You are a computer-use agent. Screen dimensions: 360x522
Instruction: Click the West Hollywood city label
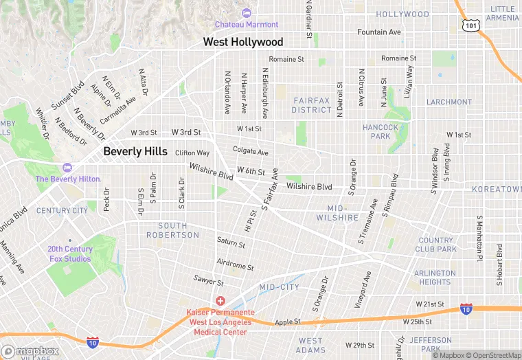point(242,43)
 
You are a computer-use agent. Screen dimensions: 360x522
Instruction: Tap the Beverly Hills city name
point(135,152)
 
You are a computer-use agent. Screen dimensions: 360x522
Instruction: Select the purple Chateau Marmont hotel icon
point(247,13)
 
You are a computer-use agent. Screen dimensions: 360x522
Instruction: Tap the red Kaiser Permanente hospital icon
point(220,301)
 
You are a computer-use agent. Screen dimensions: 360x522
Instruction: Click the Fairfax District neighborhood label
point(311,105)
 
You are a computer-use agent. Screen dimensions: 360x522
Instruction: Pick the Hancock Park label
point(381,131)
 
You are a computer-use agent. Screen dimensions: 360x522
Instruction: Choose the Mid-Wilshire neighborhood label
point(337,212)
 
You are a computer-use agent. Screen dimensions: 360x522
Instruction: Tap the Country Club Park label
point(436,245)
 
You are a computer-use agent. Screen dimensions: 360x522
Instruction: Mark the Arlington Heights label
point(435,277)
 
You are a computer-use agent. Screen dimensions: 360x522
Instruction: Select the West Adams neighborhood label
point(310,346)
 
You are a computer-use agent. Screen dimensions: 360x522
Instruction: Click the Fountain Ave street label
point(378,32)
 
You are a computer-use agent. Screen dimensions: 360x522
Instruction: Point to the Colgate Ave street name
point(250,152)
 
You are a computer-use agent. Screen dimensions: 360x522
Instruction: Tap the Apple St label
point(288,321)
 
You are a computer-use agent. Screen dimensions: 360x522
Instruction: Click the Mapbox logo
point(30,350)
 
